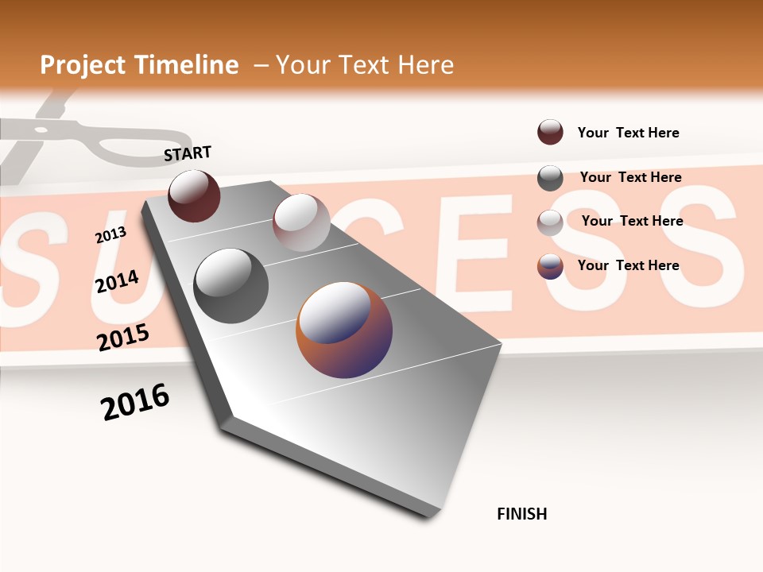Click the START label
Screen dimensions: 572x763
188,153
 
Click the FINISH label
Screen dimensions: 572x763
522,514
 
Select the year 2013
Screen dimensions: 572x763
110,235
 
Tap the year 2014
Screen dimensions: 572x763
117,281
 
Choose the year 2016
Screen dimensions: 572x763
135,402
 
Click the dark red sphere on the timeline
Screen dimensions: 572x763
194,196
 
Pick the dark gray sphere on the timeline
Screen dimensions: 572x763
230,286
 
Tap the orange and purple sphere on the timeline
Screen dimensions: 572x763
344,330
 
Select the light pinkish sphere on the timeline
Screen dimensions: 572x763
301,222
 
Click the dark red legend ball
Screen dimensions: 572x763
550,132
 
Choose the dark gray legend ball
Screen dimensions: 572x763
550,178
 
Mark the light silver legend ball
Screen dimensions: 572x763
550,222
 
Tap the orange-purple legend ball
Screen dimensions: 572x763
550,266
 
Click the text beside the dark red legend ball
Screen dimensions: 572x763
628,133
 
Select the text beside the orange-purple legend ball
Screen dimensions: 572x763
628,265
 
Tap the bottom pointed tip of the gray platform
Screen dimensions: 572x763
429,516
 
